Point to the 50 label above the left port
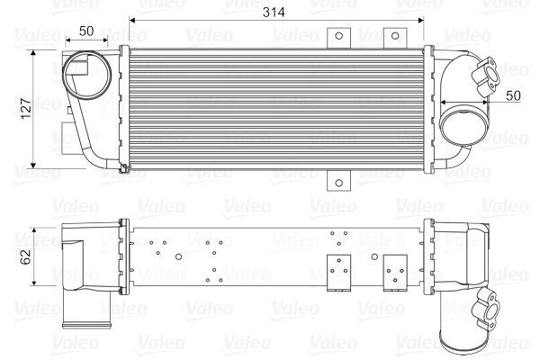click(86, 30)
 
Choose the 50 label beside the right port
click(512, 94)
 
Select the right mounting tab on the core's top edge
click(392, 37)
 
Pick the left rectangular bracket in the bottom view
click(339, 274)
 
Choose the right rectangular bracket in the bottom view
click(394, 274)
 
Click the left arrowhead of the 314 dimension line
click(133, 19)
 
